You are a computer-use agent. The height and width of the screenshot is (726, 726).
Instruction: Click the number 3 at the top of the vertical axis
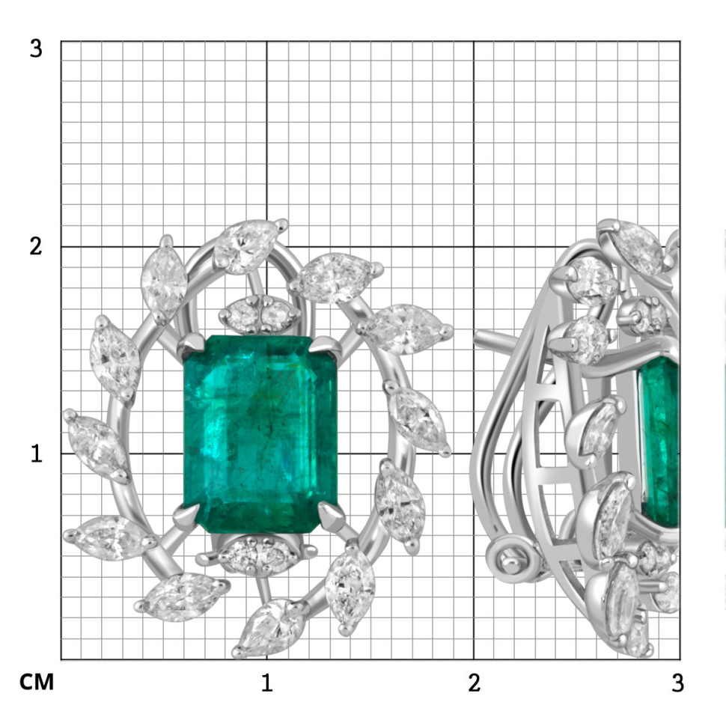36,48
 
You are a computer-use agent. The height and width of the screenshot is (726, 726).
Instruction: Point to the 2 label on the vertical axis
36,246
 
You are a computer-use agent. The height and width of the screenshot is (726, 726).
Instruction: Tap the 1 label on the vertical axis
37,454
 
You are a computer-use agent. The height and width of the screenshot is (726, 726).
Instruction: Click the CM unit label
37,682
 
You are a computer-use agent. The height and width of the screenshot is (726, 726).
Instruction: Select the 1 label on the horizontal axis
266,683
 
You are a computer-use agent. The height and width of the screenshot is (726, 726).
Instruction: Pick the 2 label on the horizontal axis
474,683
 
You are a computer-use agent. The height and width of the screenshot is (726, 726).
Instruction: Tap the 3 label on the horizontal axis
677,683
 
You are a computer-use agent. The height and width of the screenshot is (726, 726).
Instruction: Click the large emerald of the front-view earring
260,434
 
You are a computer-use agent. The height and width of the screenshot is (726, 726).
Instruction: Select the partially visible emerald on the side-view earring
659,442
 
